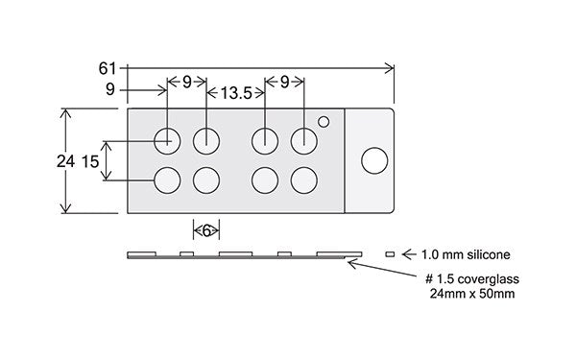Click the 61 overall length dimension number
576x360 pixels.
(107, 69)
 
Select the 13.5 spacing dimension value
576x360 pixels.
(236, 93)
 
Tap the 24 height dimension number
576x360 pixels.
(65, 161)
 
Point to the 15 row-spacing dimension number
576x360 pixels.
(90, 161)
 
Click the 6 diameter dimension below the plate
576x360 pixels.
(206, 231)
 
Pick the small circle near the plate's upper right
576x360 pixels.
(324, 122)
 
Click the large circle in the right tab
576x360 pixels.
(374, 160)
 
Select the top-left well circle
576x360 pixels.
(167, 141)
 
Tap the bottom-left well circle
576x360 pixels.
(167, 180)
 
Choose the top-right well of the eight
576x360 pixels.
(304, 141)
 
